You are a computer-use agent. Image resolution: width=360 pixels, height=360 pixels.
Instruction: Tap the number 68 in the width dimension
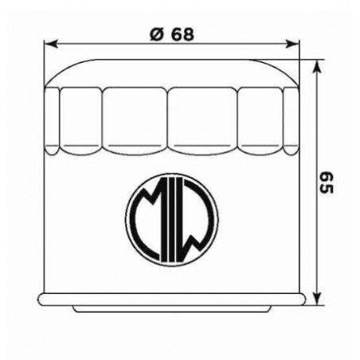coord(181,34)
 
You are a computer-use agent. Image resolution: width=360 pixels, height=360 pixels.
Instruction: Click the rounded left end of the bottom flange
coord(39,299)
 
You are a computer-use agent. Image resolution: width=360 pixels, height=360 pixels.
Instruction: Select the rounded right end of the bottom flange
coord(303,299)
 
